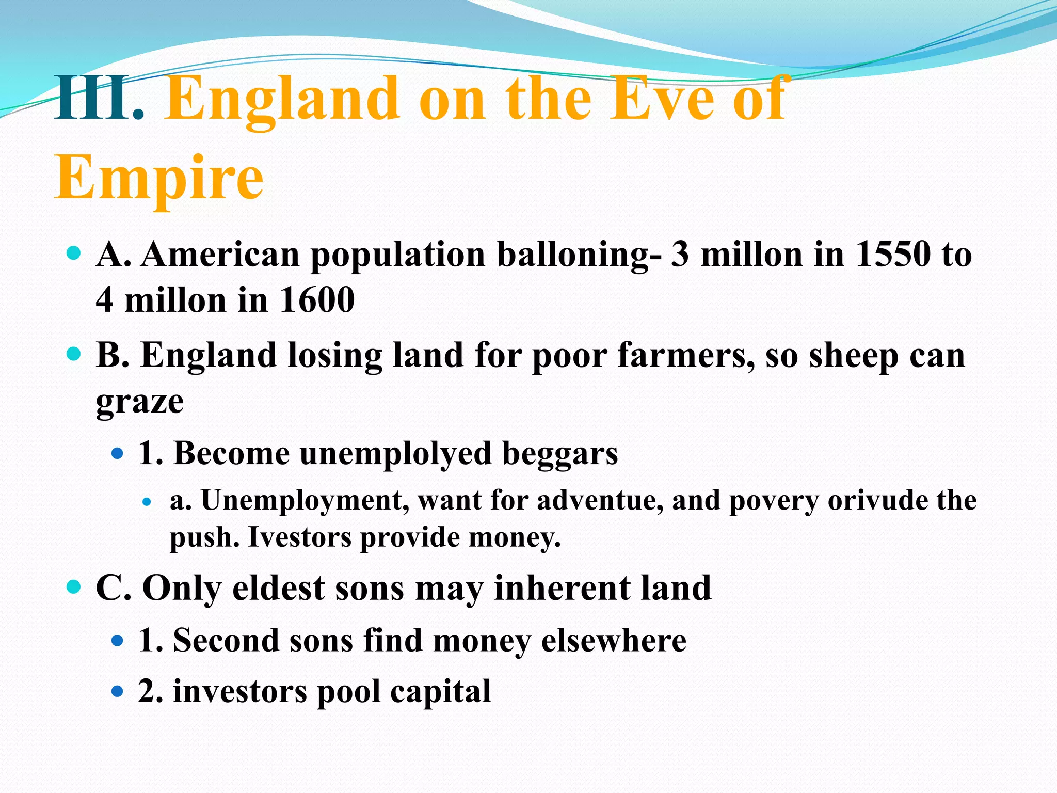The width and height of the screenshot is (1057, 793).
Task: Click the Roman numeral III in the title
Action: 92,98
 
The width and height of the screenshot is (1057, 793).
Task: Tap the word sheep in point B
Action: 853,356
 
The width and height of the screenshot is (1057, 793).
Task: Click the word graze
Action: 139,402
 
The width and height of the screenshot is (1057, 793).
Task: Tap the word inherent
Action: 562,588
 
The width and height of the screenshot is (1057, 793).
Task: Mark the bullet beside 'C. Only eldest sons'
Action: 74,587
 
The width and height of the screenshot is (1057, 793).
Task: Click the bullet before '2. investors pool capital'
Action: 118,691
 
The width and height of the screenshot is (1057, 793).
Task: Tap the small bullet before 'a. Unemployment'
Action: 147,501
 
